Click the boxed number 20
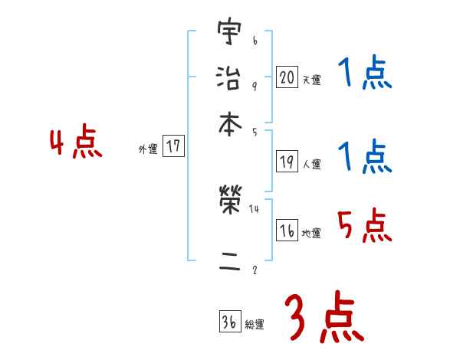[287, 77]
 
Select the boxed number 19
[287, 162]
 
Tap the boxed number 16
[287, 231]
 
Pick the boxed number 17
[174, 147]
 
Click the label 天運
[311, 79]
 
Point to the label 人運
[311, 163]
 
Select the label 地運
[311, 233]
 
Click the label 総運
[254, 325]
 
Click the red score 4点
[76, 144]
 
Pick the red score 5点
[364, 226]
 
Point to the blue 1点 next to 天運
[364, 75]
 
